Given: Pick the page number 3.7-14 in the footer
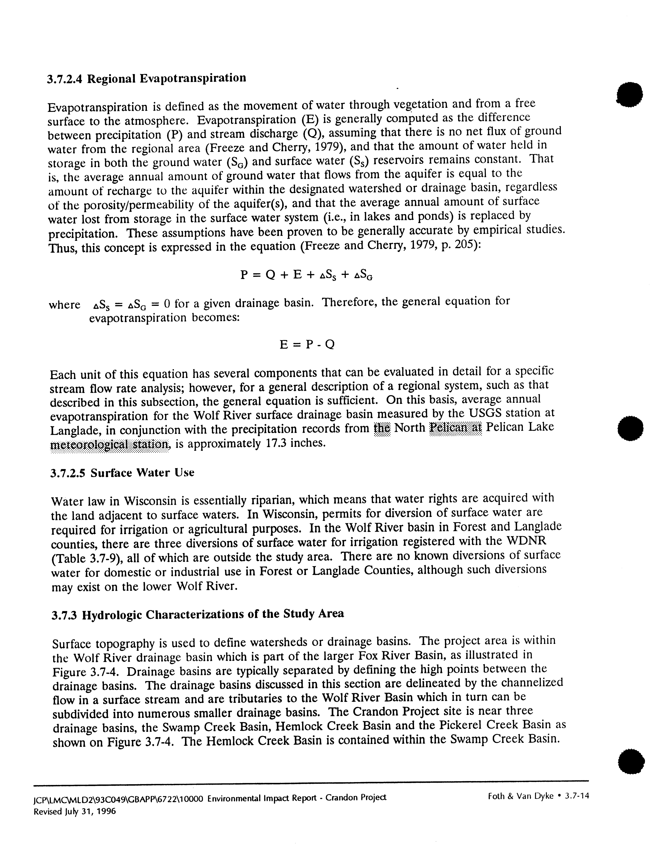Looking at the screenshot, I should point(576,796).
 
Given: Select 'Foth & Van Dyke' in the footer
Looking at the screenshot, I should point(521,796).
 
